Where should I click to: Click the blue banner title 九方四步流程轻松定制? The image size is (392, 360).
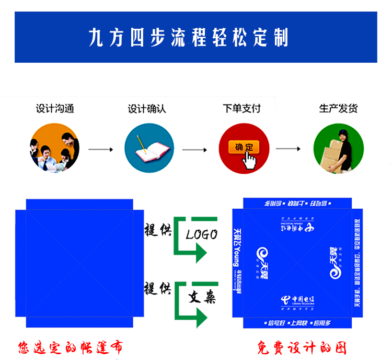[188, 38]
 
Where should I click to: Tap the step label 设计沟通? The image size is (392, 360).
[55, 109]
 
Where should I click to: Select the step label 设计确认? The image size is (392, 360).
[147, 109]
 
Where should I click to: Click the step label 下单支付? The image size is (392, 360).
[241, 109]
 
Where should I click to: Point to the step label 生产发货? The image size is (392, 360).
[338, 109]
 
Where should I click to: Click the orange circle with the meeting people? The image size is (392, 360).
[55, 148]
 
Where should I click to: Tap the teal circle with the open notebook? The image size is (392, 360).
[148, 149]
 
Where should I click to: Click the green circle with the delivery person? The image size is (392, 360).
[338, 149]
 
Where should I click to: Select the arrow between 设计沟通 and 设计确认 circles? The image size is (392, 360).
[101, 150]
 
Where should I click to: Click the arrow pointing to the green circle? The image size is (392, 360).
[288, 149]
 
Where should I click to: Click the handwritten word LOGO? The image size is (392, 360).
[202, 234]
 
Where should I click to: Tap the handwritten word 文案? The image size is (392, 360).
[202, 298]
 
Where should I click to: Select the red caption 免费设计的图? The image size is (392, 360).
[302, 347]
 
